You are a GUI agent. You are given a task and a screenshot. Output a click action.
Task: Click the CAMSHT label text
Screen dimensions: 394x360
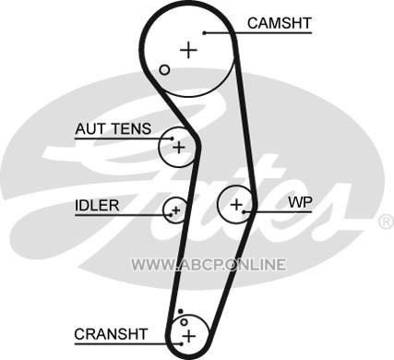280,23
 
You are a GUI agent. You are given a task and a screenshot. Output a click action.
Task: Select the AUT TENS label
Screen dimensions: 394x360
113,128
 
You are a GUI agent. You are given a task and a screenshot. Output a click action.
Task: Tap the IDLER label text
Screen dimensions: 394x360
97,206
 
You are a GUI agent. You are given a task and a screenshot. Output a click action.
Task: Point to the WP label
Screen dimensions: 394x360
300,202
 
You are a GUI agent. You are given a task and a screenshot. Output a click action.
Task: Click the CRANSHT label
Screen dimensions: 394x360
111,334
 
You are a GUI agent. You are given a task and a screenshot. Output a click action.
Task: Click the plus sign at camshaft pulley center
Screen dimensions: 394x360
188,50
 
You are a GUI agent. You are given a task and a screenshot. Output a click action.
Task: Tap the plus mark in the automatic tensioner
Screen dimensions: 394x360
179,148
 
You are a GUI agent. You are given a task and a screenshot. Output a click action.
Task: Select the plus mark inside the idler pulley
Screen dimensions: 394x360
176,210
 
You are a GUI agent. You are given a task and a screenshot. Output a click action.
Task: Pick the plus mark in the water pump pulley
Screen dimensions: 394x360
237,204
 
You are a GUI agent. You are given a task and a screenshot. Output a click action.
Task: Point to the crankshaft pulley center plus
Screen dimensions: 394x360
189,336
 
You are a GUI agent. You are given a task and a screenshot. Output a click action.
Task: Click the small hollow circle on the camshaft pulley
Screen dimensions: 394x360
165,70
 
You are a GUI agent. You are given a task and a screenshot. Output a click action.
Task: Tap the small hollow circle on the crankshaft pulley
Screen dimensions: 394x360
184,322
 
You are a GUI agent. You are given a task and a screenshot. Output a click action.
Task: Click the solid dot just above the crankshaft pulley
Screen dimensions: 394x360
181,311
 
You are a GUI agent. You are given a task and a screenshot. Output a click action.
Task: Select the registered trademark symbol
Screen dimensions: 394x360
387,222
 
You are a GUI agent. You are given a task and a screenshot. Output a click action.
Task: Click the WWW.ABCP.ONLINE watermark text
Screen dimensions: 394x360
209,265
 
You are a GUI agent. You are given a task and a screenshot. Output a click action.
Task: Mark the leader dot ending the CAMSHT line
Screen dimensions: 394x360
204,33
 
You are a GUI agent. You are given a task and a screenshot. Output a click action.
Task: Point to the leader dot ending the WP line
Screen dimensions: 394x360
244,211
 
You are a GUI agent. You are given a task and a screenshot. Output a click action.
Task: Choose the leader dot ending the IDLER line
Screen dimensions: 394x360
171,214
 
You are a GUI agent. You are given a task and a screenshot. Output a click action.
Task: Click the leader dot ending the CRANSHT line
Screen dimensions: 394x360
182,344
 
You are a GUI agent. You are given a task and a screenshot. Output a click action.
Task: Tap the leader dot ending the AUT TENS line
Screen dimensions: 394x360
173,138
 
